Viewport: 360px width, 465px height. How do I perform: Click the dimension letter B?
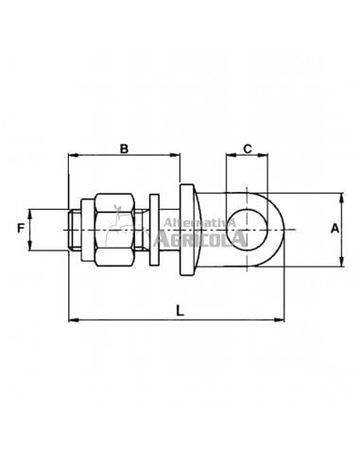pyautogui.click(x=125, y=148)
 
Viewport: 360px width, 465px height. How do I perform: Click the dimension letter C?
pyautogui.click(x=248, y=148)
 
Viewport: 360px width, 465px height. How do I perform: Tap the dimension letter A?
pyautogui.click(x=334, y=229)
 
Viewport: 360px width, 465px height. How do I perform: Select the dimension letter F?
pyautogui.click(x=21, y=228)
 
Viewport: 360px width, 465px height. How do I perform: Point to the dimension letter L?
pyautogui.click(x=180, y=311)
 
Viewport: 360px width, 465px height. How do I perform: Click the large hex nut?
pyautogui.click(x=114, y=231)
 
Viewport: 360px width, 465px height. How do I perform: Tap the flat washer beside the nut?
pyautogui.click(x=154, y=230)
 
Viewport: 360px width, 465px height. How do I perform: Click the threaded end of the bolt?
pyautogui.click(x=75, y=230)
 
